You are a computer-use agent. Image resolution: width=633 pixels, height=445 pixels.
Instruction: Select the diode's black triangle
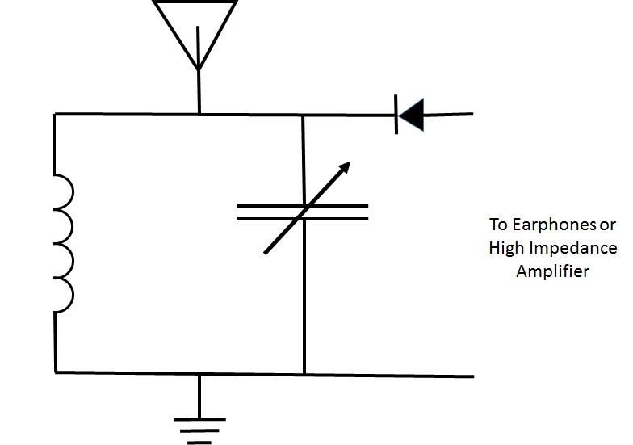point(412,115)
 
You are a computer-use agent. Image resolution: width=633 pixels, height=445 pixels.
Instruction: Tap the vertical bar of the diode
point(397,115)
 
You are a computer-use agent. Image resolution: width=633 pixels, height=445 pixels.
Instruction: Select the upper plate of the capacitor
point(302,205)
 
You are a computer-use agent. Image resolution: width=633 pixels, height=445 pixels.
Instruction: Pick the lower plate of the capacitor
point(302,218)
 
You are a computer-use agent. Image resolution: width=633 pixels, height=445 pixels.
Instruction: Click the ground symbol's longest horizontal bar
point(199,418)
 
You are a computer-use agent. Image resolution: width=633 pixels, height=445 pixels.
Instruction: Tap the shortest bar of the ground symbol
point(199,442)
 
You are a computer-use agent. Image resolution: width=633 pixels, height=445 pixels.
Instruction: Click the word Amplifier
point(553,271)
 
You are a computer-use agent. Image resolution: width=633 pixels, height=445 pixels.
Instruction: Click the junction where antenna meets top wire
point(199,115)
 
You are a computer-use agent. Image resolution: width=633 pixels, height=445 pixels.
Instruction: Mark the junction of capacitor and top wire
point(303,115)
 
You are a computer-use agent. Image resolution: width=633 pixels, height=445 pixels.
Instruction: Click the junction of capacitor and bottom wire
point(304,374)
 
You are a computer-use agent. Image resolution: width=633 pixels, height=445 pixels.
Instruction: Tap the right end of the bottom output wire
point(472,376)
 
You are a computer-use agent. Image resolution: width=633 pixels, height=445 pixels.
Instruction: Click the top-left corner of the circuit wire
point(55,115)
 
